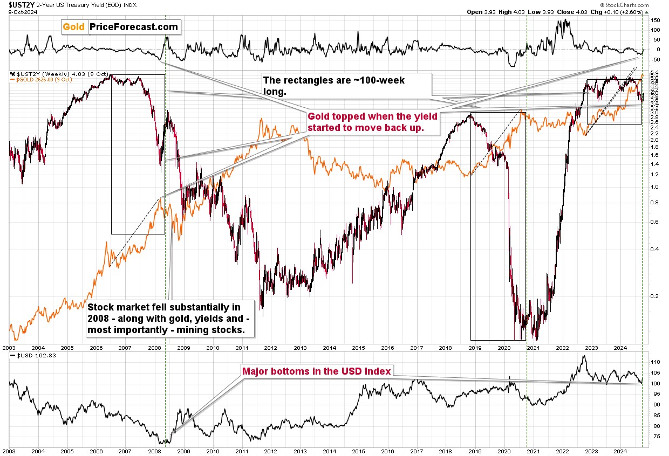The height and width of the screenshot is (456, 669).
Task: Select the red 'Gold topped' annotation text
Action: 372,121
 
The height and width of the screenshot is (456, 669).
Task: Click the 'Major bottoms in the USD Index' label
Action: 316,371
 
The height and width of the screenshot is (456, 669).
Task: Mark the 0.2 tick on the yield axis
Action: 654,296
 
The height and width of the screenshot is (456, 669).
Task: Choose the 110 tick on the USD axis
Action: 656,362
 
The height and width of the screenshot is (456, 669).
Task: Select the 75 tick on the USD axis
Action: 654,437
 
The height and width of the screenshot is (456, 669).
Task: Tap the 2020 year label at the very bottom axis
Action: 504,451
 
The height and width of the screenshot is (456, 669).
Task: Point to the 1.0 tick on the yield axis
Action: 654,187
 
